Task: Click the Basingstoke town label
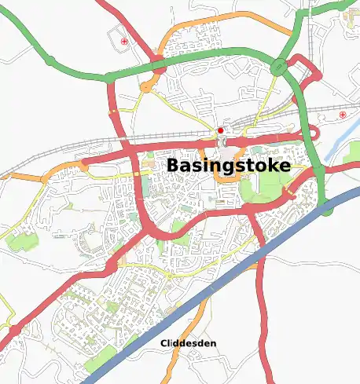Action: tap(228, 166)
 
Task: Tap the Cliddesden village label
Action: tap(189, 343)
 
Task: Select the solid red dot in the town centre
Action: tap(221, 130)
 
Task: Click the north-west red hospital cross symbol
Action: tap(124, 41)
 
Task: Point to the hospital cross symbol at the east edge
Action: tap(343, 116)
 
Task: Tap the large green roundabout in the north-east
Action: tap(279, 68)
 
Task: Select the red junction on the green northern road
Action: tap(158, 68)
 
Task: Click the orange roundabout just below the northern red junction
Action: tap(146, 88)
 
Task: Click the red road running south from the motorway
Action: tap(263, 314)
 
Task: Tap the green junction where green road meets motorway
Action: tap(325, 209)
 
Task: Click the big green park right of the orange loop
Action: tap(263, 185)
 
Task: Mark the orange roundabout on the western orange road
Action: tap(82, 166)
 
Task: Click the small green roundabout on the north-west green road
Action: tap(50, 60)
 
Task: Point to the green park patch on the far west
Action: tap(20, 242)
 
